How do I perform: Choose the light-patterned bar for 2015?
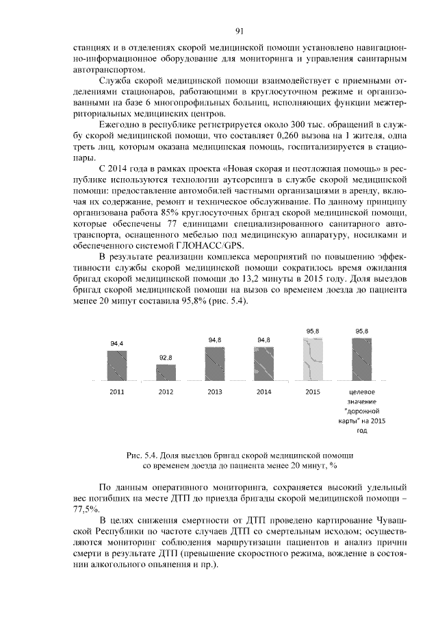point(312,360)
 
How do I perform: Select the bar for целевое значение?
point(361,360)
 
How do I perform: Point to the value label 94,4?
point(117,345)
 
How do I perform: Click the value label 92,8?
point(166,358)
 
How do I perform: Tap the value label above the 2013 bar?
point(214,340)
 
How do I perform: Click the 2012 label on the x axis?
point(166,392)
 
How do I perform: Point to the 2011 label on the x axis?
point(117,392)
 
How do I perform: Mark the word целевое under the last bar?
point(361,392)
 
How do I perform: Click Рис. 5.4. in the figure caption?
point(141,455)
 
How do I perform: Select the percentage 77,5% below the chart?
point(86,510)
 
